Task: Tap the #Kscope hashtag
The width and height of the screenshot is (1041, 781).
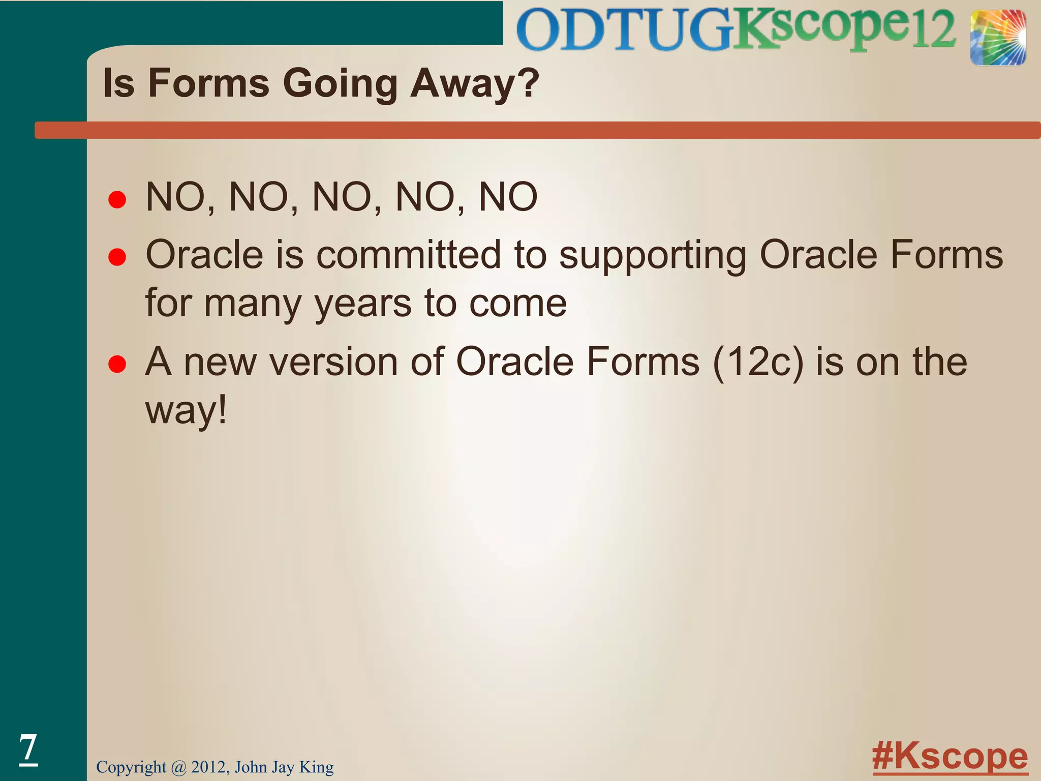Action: point(950,757)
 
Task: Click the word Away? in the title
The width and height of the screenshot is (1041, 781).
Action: point(474,83)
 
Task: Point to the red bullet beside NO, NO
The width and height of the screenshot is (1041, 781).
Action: point(117,199)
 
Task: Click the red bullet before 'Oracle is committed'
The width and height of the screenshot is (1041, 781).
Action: point(117,257)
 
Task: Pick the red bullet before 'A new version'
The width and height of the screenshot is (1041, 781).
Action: point(117,365)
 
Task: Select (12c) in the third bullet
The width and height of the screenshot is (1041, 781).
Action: point(758,362)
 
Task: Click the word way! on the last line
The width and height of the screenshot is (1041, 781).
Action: point(186,411)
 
